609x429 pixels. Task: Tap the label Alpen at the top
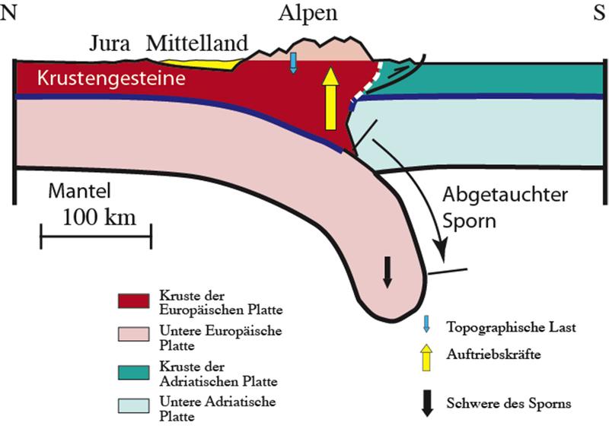(x=308, y=13)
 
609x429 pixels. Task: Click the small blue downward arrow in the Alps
(x=293, y=63)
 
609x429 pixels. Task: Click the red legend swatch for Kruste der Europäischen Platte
(x=136, y=300)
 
